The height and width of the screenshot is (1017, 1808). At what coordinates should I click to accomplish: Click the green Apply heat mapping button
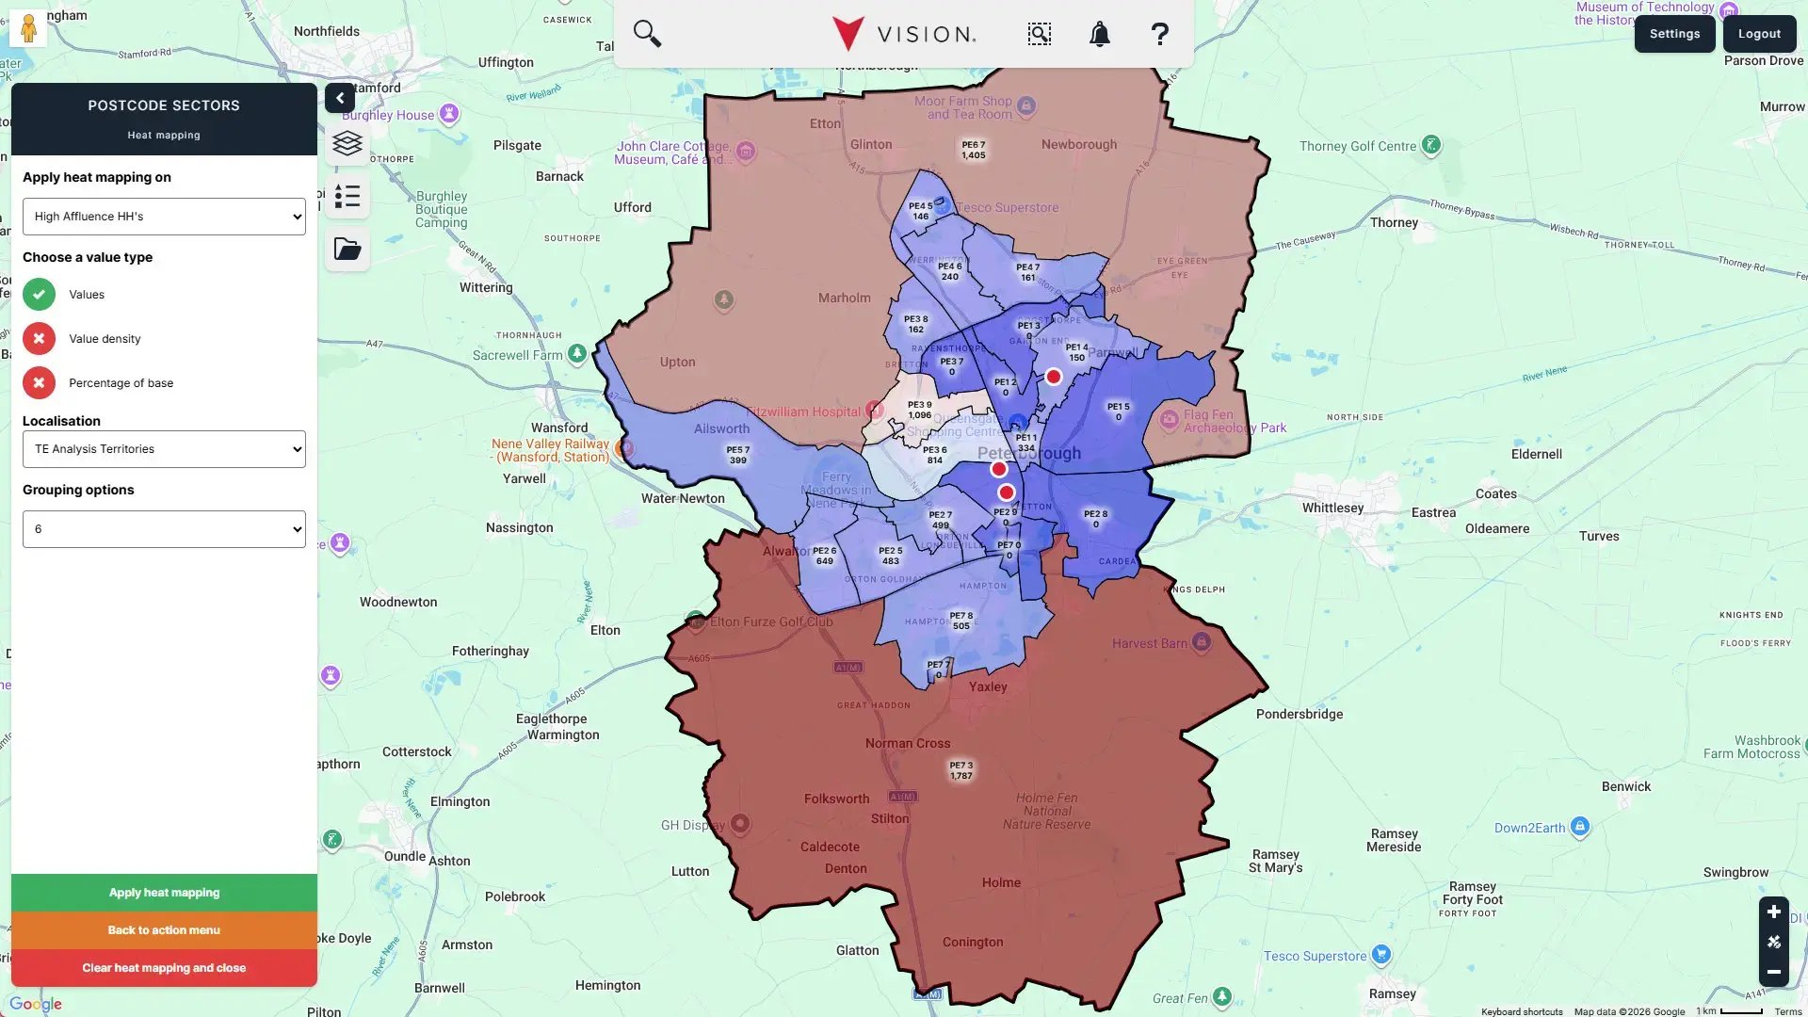(x=164, y=893)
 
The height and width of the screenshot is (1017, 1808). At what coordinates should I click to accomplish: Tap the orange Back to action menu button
(x=164, y=930)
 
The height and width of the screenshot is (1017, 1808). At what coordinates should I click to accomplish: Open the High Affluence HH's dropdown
(x=164, y=217)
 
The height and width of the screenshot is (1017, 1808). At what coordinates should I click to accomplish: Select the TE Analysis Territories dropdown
(x=164, y=449)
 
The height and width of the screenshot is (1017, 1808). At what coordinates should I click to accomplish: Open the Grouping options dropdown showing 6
(x=164, y=529)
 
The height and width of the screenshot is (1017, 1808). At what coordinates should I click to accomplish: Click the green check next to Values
(x=39, y=295)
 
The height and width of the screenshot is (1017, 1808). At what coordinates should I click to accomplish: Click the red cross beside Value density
(x=39, y=339)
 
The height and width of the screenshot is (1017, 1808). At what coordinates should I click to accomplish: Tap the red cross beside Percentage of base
(x=39, y=383)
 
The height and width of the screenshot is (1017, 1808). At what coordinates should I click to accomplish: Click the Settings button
(x=1674, y=34)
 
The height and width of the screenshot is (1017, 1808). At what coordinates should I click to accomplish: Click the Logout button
(x=1759, y=34)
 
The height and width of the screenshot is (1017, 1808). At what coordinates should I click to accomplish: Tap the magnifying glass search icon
(x=647, y=34)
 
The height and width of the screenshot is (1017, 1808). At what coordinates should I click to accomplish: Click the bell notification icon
(x=1099, y=35)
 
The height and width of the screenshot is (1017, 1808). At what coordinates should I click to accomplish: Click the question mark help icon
(x=1159, y=35)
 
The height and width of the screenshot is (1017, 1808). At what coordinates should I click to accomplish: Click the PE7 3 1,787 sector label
(x=961, y=771)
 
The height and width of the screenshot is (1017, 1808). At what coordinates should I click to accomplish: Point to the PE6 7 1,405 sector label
(x=974, y=151)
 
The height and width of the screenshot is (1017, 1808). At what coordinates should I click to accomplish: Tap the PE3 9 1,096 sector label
(x=919, y=410)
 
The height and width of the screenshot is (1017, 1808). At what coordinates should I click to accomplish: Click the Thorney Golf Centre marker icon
(x=1431, y=145)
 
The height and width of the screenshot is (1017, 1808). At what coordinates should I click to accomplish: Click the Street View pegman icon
(x=28, y=28)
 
